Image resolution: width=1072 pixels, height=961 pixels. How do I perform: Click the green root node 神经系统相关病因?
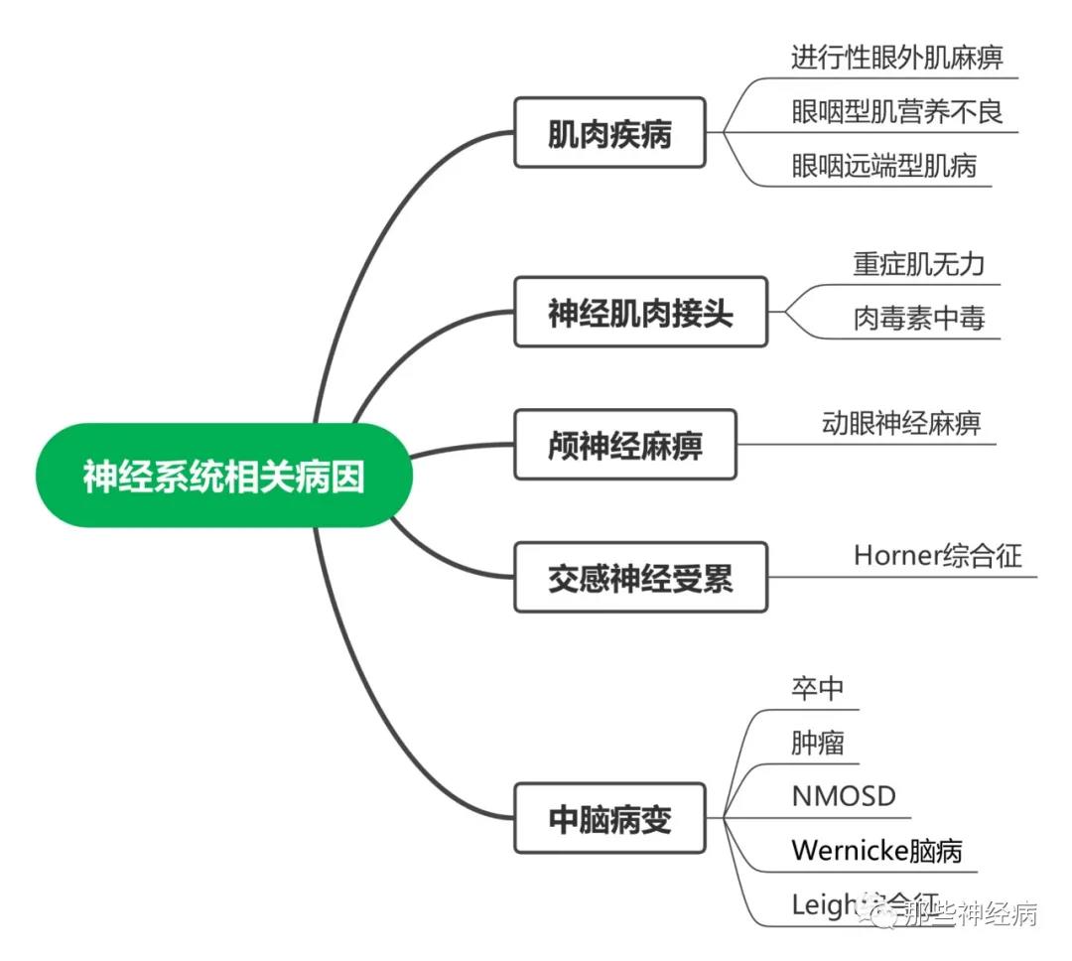click(223, 476)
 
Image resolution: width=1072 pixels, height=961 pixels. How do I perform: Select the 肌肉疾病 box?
click(609, 132)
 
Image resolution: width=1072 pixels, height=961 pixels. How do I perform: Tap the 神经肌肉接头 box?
click(640, 312)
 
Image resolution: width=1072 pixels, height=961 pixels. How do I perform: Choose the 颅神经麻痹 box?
click(624, 444)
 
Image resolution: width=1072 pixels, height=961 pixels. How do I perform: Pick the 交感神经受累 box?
click(640, 577)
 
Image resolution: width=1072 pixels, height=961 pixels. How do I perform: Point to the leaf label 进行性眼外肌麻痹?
click(896, 57)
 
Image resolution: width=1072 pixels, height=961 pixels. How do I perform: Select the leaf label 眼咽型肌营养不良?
click(896, 111)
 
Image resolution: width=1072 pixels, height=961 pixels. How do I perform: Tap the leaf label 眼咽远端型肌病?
click(883, 165)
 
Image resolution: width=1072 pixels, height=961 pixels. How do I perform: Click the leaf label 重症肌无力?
click(919, 264)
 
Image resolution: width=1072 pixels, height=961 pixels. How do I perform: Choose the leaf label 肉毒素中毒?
click(919, 318)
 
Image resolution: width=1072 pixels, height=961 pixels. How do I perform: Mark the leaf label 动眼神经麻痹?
click(901, 423)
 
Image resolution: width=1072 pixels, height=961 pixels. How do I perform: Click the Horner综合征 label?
click(937, 554)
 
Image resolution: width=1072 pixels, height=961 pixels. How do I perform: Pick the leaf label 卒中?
click(817, 688)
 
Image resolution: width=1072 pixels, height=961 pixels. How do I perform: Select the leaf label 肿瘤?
click(817, 742)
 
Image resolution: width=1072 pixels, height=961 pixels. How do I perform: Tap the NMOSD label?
click(844, 795)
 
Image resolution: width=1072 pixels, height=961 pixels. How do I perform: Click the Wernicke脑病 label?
click(876, 850)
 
